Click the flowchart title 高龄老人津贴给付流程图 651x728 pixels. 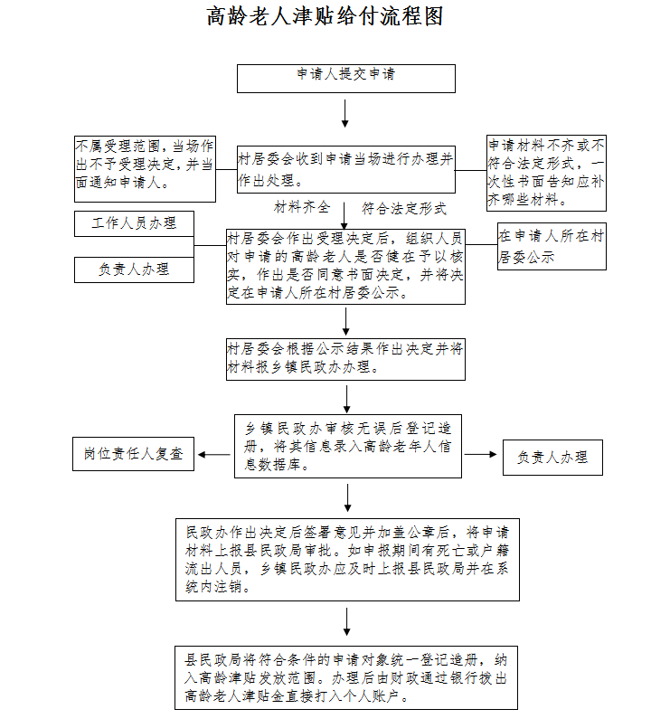click(325, 17)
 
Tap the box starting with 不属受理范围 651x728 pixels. click(145, 169)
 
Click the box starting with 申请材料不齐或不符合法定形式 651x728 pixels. click(546, 172)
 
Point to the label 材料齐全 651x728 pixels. click(302, 208)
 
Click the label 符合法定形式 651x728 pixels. click(404, 209)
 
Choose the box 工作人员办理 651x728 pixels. click(134, 223)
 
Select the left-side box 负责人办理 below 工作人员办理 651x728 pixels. click(134, 269)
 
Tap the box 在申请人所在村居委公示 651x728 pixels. click(551, 246)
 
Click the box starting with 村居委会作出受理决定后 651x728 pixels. click(345, 266)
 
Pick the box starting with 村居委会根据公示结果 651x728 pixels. click(345, 359)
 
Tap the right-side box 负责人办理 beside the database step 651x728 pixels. click(552, 458)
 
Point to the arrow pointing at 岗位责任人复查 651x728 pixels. click(214, 454)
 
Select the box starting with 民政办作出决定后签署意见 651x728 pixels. click(347, 559)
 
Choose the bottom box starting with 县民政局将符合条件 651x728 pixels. click(347, 677)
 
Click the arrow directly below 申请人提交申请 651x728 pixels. click(345, 112)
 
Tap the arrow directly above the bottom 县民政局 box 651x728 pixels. click(347, 622)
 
